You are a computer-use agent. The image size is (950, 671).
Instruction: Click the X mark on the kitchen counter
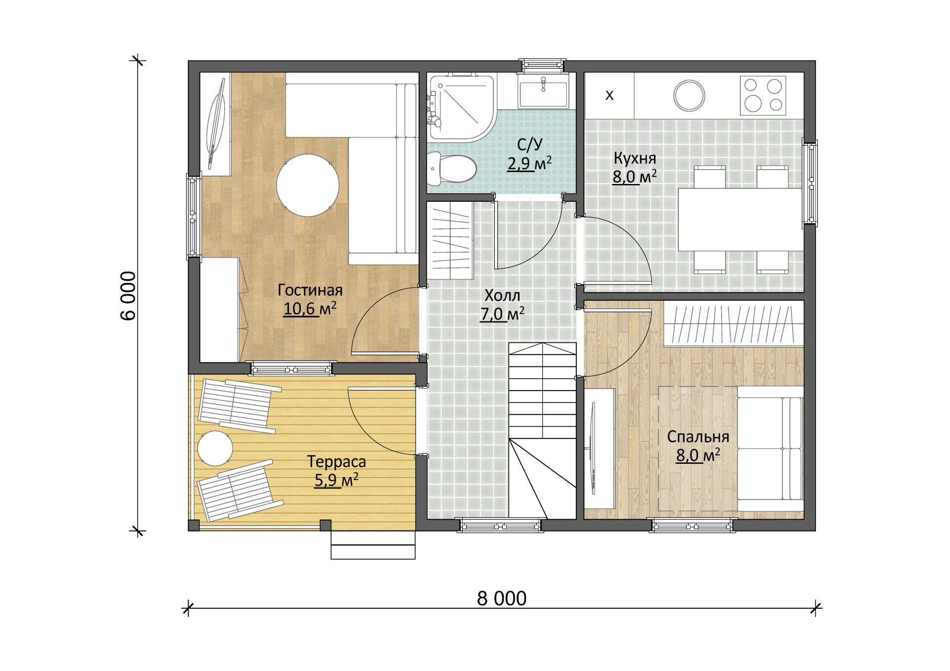[610, 95]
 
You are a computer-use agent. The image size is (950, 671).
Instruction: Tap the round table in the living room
[307, 185]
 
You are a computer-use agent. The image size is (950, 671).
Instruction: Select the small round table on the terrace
[215, 448]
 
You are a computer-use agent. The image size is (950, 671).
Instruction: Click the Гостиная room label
[310, 290]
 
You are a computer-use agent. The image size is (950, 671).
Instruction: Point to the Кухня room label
[635, 158]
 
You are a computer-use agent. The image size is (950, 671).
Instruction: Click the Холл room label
[502, 296]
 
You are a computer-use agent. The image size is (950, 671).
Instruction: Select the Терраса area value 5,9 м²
[336, 480]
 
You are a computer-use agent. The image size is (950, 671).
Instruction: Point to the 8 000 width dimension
[502, 598]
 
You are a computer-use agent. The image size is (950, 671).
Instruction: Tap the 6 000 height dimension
[128, 296]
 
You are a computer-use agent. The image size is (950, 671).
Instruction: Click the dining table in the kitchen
[740, 220]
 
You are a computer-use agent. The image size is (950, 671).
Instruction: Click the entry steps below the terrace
[373, 545]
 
